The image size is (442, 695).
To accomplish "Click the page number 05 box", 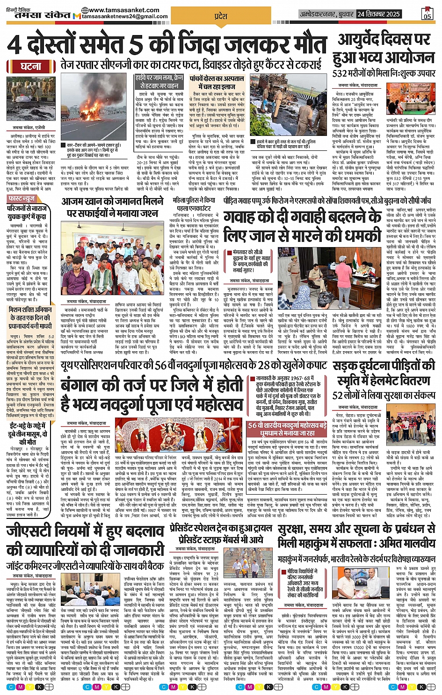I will [427, 14].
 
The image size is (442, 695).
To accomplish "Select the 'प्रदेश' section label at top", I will [220, 16].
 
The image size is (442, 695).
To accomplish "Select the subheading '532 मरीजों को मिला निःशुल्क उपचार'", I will [384, 73].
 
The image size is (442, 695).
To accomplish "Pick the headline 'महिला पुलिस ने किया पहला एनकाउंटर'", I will [194, 204].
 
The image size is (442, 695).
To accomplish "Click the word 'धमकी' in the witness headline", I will [356, 234].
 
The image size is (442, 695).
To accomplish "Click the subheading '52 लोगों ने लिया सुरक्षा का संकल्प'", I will [384, 395].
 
